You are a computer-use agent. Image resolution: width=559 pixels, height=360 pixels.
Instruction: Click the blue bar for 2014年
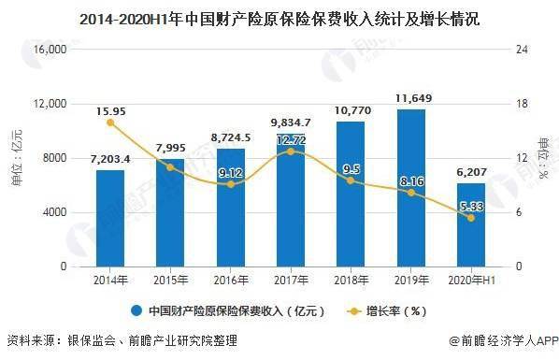[x=110, y=218]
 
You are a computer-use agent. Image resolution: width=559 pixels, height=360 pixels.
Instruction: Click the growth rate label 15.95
[x=110, y=111]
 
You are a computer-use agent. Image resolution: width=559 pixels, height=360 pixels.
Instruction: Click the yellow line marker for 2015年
[x=170, y=166]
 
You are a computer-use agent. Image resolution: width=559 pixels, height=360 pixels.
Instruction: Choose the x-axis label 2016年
[x=230, y=281]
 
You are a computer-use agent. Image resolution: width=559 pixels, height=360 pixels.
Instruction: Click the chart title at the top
[x=279, y=17]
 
